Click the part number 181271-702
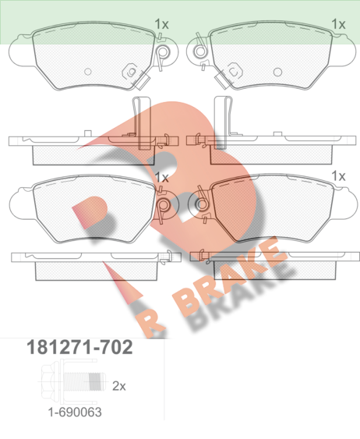point(79,347)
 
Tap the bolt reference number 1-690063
point(75,412)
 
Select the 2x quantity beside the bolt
point(119,386)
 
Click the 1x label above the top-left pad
point(161,24)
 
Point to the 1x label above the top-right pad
point(338,24)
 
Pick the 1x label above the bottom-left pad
point(161,177)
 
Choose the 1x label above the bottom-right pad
point(338,176)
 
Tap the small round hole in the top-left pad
point(88,72)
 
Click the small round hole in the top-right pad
point(277,72)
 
